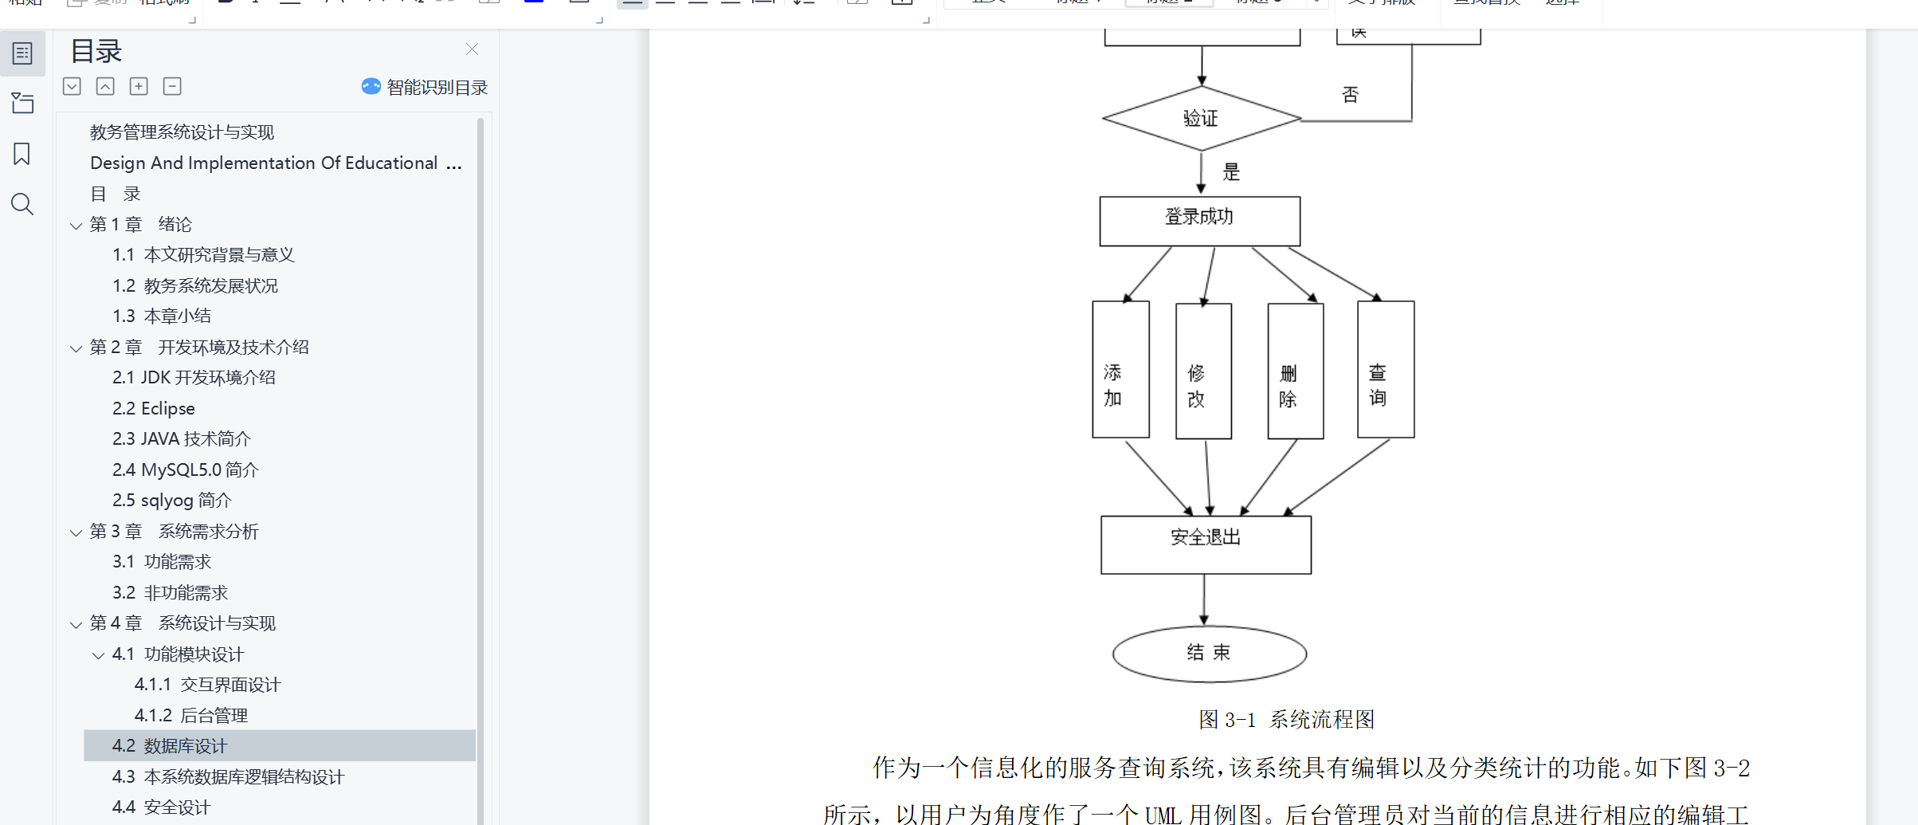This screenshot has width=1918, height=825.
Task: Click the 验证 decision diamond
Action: (1201, 119)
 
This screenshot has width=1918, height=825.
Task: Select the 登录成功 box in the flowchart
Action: (1199, 221)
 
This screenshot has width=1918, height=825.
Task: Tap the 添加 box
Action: (1120, 370)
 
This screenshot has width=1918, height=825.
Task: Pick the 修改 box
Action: (1203, 371)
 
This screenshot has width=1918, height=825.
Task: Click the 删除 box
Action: (1295, 371)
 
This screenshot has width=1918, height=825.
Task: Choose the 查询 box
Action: (1386, 370)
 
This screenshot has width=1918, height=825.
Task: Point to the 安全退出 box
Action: (1206, 544)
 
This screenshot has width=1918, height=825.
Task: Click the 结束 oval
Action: (1209, 654)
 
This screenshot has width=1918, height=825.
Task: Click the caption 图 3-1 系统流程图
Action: (1286, 720)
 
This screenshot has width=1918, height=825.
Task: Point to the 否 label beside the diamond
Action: (1350, 96)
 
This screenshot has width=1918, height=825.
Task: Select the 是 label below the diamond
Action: (1231, 172)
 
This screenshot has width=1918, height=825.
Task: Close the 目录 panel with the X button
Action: (472, 49)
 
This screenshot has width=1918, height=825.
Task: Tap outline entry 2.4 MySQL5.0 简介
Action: (186, 470)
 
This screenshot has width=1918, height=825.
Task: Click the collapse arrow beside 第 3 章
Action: (76, 532)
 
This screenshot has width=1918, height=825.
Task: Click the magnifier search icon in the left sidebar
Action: (22, 205)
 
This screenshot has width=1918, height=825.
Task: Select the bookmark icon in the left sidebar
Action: (22, 154)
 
